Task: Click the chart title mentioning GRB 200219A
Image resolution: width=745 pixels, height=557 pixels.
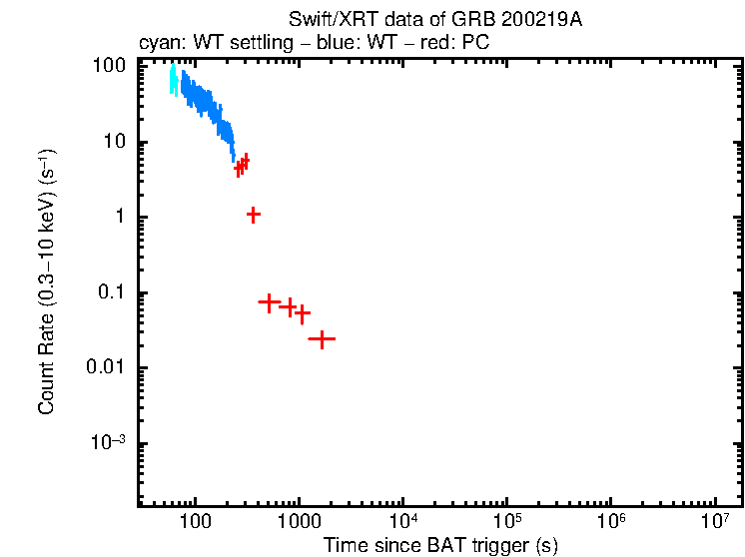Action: (x=434, y=21)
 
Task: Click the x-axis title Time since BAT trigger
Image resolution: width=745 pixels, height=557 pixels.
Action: (x=439, y=545)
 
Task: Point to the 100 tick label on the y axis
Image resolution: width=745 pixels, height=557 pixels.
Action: (x=109, y=66)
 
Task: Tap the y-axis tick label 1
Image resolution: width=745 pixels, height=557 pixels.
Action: (x=119, y=218)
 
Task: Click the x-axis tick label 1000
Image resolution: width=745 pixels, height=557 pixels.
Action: (x=298, y=521)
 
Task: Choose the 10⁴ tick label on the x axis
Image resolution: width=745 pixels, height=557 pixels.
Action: (x=402, y=520)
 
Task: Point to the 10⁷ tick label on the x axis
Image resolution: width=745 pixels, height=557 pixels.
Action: (x=715, y=520)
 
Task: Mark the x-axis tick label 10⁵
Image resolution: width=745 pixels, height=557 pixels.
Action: (x=506, y=520)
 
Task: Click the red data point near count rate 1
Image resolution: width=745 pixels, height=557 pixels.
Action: (x=254, y=215)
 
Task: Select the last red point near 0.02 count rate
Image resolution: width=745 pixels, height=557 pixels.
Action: (x=322, y=339)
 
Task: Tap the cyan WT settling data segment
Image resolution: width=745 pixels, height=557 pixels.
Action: (x=173, y=80)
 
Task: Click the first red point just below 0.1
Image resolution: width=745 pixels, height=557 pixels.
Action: (x=269, y=301)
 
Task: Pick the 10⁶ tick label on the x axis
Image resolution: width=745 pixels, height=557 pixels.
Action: (x=611, y=520)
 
